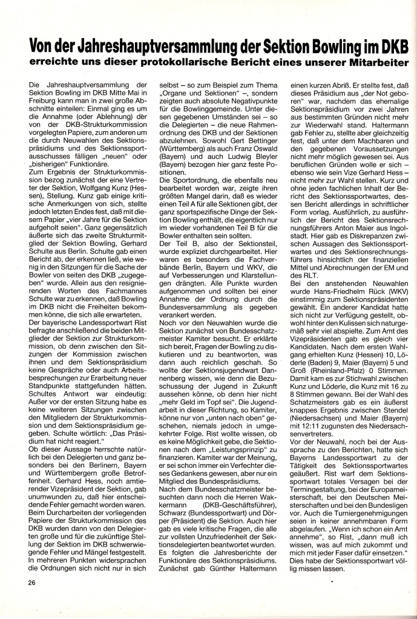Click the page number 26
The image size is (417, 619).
(31, 582)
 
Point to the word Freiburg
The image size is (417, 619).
(44, 103)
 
